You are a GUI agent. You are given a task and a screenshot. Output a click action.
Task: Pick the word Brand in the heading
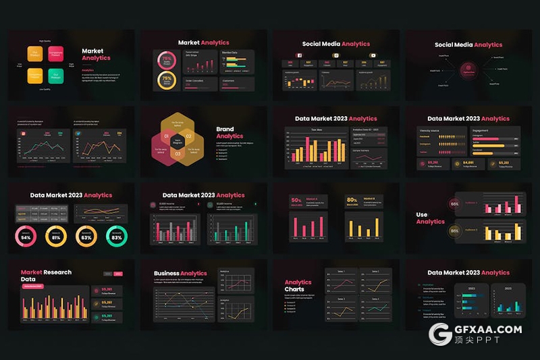tap(225, 129)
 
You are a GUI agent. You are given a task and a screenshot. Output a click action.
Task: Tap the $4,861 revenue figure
tap(468, 163)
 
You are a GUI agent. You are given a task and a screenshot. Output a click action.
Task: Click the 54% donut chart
tap(26, 237)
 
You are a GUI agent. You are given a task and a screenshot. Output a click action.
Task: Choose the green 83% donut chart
tap(117, 237)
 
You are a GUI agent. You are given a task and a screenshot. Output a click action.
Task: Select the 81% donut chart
tap(56, 237)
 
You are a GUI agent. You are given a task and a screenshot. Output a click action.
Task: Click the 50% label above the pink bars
tap(296, 201)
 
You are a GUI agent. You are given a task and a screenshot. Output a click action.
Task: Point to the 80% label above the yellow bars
tap(352, 201)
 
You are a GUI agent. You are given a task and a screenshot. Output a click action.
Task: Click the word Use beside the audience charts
tap(421, 215)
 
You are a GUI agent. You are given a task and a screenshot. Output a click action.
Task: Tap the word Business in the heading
tap(167, 274)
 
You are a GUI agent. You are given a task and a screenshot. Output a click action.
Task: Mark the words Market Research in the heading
tap(46, 272)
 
